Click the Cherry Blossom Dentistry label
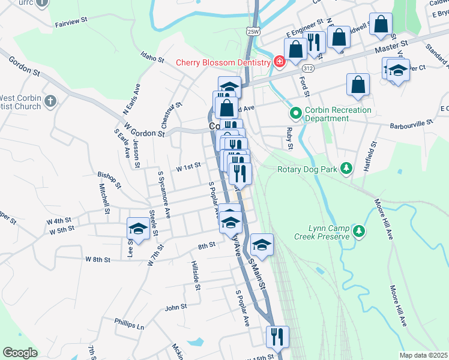coord(223,62)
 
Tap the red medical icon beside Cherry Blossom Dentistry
coord(279,62)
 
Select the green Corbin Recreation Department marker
coord(295,113)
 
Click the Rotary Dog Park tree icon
coord(346,169)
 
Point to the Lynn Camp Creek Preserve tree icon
coord(358,230)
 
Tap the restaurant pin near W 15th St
coord(277,337)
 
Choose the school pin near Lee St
coord(138,229)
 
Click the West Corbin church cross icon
coord(50,101)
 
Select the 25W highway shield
coord(253,31)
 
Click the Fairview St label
coord(71,22)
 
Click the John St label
coord(176,307)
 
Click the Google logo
coord(20,352)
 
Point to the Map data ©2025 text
coord(423,355)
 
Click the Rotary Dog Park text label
coord(307,169)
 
